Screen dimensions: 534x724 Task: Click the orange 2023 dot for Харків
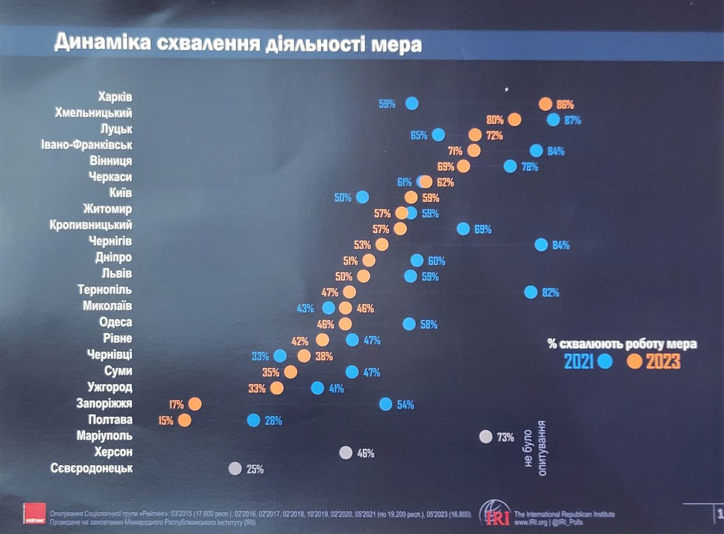(x=545, y=104)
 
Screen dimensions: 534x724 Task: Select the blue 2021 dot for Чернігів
(x=541, y=245)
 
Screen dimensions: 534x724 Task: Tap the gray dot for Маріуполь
(x=485, y=436)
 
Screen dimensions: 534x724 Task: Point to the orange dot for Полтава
(x=184, y=420)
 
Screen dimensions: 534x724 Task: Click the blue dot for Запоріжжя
(x=386, y=404)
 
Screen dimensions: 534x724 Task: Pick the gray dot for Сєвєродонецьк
(x=235, y=468)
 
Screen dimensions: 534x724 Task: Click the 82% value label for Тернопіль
(x=550, y=292)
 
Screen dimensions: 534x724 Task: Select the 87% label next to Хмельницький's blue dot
(x=572, y=120)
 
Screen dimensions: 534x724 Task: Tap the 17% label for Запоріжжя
(x=176, y=404)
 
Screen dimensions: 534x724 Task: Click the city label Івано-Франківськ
(x=87, y=145)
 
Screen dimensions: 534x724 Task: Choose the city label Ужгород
(x=110, y=387)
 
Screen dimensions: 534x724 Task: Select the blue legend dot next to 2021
(x=605, y=361)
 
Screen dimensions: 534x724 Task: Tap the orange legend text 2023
(x=663, y=361)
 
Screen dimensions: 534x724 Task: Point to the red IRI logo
(x=495, y=514)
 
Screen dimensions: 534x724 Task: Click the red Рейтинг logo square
(x=34, y=513)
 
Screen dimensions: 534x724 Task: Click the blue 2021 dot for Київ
(x=363, y=197)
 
